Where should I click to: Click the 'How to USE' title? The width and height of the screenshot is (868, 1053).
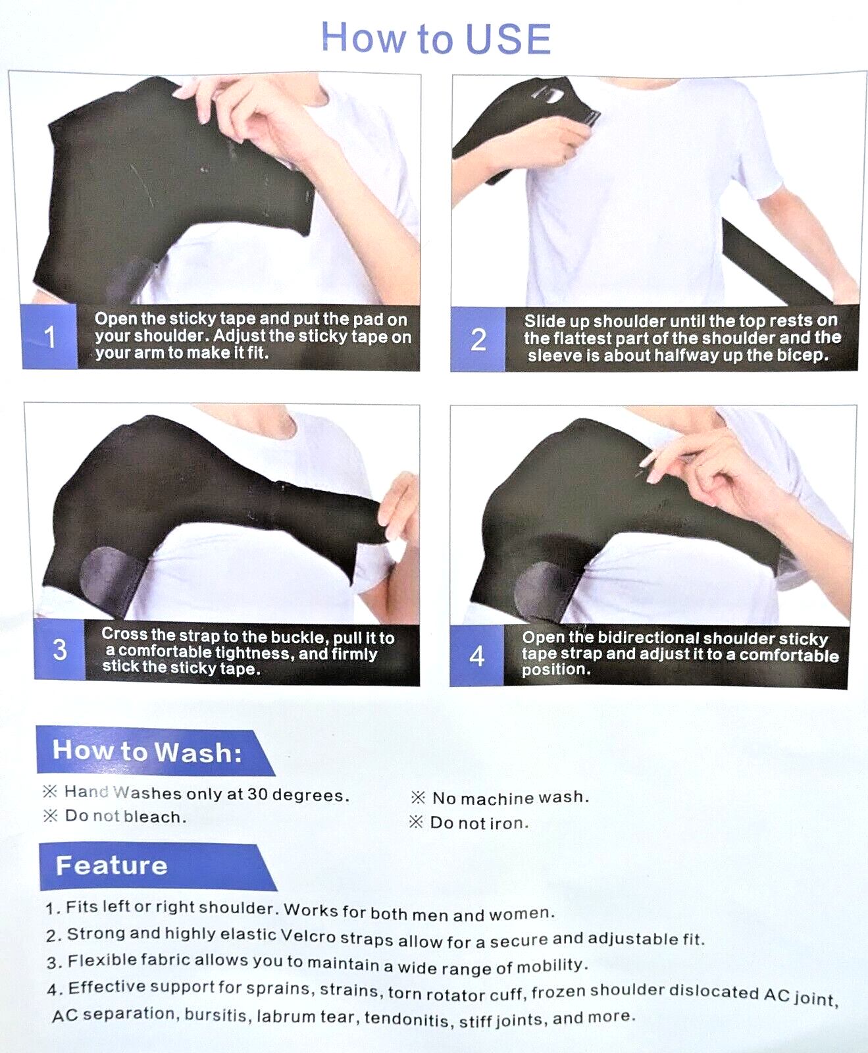pyautogui.click(x=436, y=38)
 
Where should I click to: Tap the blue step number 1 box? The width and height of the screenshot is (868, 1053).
pyautogui.click(x=49, y=336)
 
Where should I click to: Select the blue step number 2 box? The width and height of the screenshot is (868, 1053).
pyautogui.click(x=478, y=340)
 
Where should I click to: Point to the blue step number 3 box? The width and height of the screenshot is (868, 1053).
pyautogui.click(x=59, y=650)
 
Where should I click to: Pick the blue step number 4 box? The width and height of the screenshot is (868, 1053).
pyautogui.click(x=477, y=655)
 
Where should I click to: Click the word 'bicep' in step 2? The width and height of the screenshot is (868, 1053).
pyautogui.click(x=800, y=356)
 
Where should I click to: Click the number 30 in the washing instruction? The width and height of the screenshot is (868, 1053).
pyautogui.click(x=257, y=794)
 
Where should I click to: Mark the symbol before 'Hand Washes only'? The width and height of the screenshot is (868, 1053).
pyautogui.click(x=50, y=791)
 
